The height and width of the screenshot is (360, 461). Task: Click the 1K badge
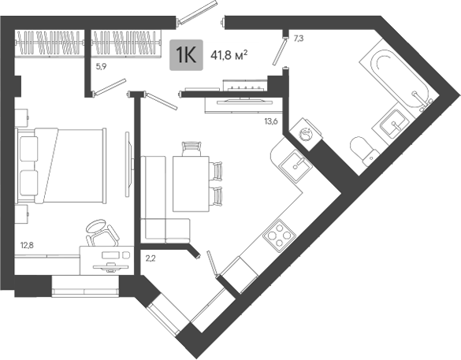click(x=186, y=55)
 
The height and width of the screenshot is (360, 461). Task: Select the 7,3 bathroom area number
click(x=299, y=39)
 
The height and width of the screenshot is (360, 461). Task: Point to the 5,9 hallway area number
click(x=101, y=67)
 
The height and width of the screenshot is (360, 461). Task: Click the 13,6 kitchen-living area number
click(x=271, y=121)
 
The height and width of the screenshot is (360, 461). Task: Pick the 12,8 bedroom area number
click(x=27, y=245)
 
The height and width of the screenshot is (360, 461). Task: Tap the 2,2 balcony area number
click(x=151, y=258)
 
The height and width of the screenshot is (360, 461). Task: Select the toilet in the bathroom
click(x=363, y=150)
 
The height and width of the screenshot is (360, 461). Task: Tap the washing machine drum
click(x=306, y=134)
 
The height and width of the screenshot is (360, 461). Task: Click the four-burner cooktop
click(x=279, y=236)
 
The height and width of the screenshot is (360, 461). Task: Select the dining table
click(x=191, y=184)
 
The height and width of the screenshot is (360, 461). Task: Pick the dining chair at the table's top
click(x=191, y=148)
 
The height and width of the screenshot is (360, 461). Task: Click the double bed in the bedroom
click(x=61, y=165)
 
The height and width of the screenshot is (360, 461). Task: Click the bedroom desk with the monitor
click(x=106, y=261)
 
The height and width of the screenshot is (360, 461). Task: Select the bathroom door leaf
click(x=280, y=51)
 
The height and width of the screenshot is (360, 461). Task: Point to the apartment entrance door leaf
click(x=198, y=12)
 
